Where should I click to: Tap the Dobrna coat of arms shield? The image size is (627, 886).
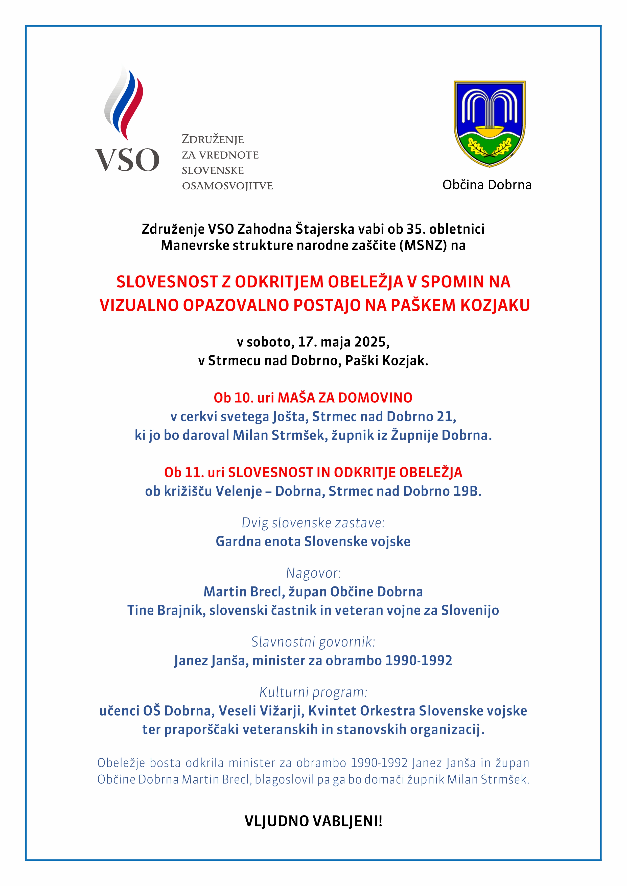[x=489, y=123]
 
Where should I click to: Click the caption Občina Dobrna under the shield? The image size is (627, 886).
[x=487, y=185]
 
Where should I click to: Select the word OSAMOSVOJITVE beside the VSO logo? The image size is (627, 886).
[x=227, y=186]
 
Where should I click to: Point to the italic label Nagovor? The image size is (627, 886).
[x=313, y=573]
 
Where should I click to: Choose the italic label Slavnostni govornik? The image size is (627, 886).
[x=313, y=642]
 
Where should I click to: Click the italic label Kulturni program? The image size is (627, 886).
[x=313, y=692]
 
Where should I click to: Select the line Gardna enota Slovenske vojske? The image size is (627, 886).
[x=313, y=542]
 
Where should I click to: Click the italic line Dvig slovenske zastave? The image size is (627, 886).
[x=313, y=523]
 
